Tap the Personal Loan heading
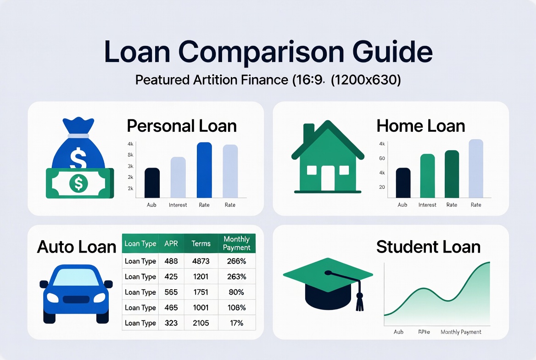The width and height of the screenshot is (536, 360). point(181,126)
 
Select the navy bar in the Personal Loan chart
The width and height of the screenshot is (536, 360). point(152,183)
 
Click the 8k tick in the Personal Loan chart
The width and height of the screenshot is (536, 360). point(131,155)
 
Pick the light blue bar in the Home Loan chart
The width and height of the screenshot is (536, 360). point(476,168)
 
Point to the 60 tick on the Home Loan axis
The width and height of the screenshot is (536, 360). point(382,158)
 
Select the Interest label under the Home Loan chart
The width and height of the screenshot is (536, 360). point(427,205)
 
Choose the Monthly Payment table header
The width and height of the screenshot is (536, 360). point(236,243)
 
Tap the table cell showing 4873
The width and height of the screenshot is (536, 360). point(201,261)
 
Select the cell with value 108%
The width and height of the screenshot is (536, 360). point(236,308)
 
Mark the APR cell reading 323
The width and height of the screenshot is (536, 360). point(171,323)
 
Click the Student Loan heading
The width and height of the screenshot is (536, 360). point(428,247)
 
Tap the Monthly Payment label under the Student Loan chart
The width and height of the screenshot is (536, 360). point(461,332)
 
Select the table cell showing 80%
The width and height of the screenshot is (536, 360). point(236,292)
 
